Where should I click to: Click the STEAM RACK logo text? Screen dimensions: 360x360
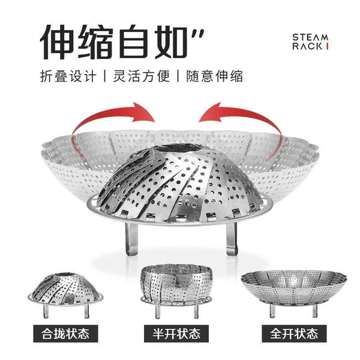click(x=310, y=42)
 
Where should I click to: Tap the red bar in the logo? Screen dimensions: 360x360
click(x=327, y=46)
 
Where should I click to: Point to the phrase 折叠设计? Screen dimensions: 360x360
click(x=68, y=76)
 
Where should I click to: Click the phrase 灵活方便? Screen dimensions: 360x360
click(x=142, y=76)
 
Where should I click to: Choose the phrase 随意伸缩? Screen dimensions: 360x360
click(x=214, y=76)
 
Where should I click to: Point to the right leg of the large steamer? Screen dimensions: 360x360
click(x=232, y=239)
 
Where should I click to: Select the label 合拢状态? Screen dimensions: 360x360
click(x=65, y=334)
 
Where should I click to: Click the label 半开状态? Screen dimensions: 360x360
click(x=176, y=334)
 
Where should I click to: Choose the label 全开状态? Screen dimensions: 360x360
click(x=294, y=334)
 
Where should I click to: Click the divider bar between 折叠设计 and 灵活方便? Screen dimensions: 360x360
click(x=105, y=76)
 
